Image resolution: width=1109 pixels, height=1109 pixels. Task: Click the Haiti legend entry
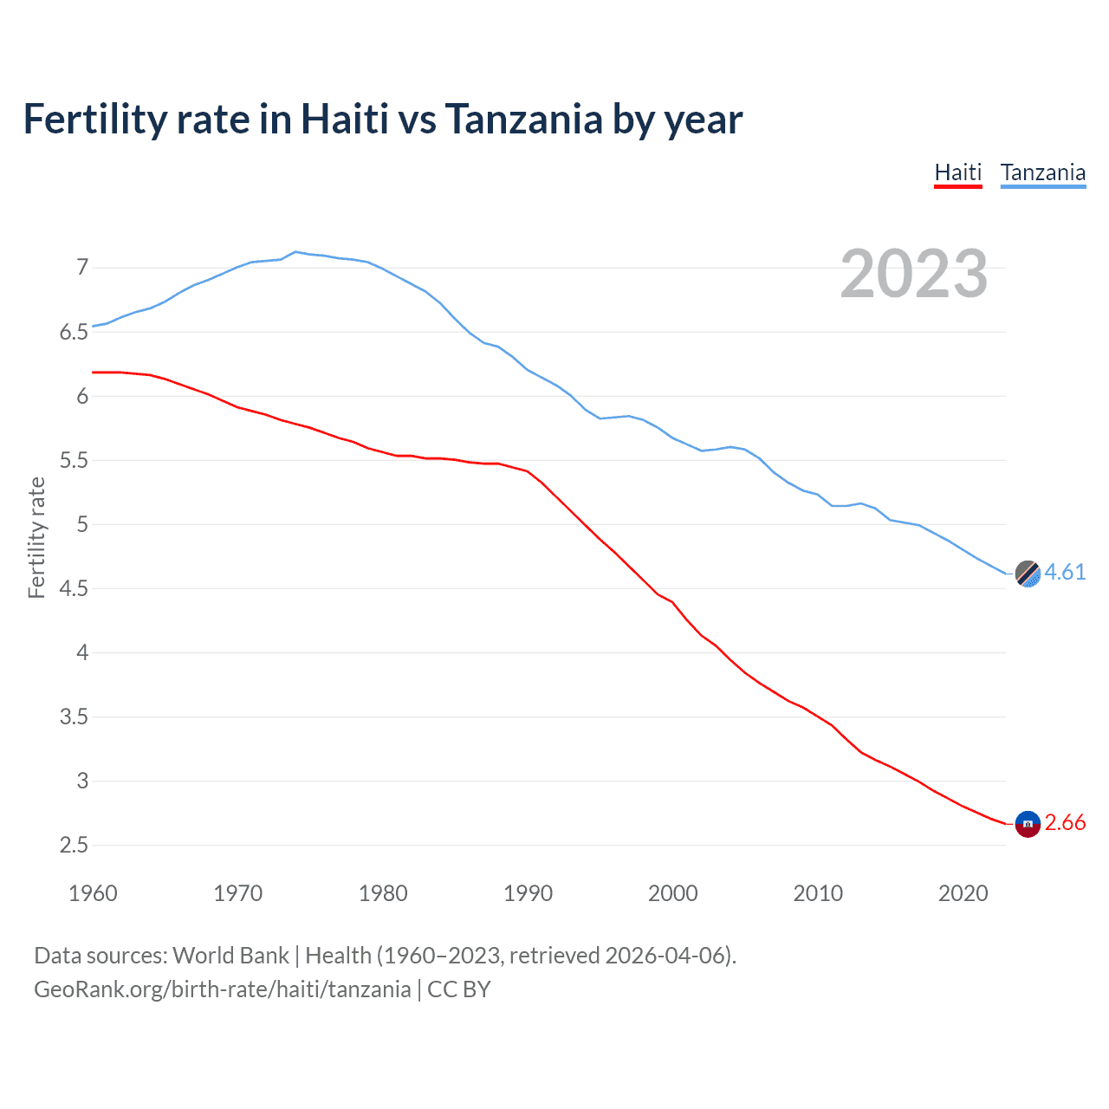tap(957, 172)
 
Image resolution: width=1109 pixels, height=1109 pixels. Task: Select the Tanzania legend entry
tap(1042, 172)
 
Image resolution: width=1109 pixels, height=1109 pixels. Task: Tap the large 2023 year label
tap(914, 274)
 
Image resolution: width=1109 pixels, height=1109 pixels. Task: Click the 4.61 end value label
tap(1065, 572)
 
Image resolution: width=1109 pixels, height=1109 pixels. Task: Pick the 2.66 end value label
tap(1065, 822)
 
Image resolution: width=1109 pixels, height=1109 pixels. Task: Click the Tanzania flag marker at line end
tap(1028, 574)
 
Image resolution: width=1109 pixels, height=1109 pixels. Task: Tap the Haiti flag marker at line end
tap(1028, 823)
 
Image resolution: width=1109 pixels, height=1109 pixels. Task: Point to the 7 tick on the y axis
tap(82, 267)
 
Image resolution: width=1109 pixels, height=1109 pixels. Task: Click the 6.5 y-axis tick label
tap(75, 332)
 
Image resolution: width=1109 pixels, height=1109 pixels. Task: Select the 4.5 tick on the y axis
tap(75, 588)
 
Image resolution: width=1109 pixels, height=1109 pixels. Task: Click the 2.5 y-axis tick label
tap(75, 845)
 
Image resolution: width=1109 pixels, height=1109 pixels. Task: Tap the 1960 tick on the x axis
tap(93, 893)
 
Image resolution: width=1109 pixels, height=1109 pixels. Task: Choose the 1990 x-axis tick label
tap(528, 893)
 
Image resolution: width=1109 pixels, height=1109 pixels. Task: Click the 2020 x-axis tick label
tap(963, 893)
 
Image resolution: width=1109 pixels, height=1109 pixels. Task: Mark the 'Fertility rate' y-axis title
tap(36, 537)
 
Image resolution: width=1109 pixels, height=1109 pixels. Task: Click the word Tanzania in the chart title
tap(523, 119)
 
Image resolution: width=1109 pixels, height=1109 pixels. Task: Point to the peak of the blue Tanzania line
tap(296, 251)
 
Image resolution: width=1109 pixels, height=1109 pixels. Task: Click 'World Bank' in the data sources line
tap(230, 955)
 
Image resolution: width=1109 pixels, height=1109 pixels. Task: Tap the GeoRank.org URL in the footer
tap(222, 989)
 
